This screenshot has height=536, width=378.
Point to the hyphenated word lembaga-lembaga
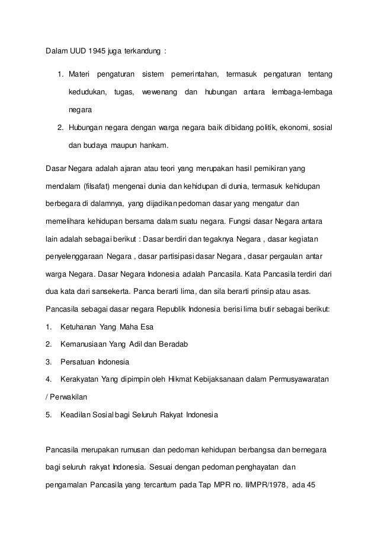(301, 93)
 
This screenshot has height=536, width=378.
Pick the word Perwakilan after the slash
(71, 397)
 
